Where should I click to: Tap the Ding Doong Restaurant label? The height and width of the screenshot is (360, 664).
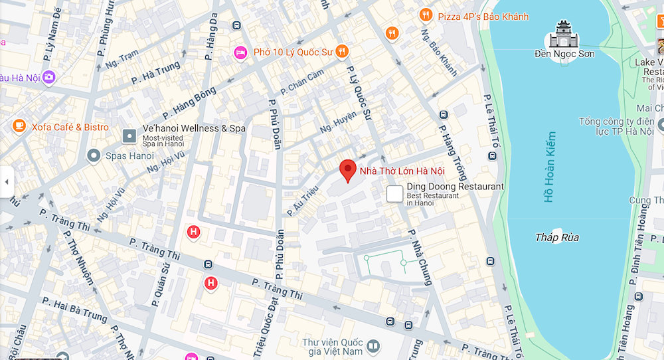[455, 187]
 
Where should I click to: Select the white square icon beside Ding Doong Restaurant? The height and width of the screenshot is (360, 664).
[395, 194]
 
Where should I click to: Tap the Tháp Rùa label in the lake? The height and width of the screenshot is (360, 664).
[556, 237]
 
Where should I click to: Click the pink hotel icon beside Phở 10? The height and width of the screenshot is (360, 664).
[241, 51]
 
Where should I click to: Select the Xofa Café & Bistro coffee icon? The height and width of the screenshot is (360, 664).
[19, 127]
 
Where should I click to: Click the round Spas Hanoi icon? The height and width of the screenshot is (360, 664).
[94, 156]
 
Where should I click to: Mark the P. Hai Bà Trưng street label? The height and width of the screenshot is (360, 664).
[74, 310]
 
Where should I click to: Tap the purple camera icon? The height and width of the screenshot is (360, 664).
[48, 78]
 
